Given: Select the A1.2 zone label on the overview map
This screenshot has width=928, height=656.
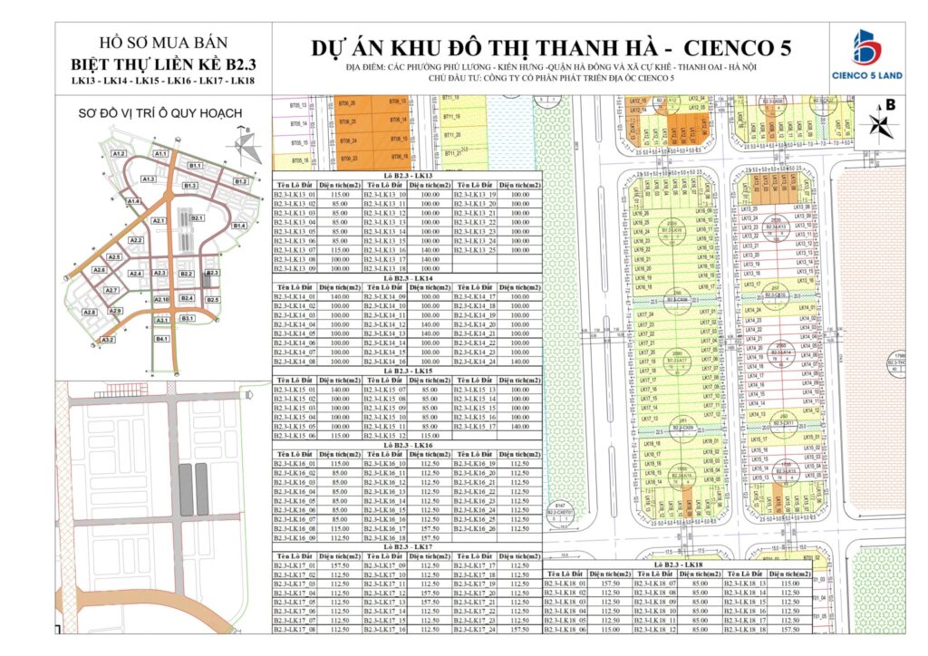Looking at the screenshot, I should tap(119, 154).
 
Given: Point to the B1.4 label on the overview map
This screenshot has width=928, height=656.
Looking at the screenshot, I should tap(239, 225).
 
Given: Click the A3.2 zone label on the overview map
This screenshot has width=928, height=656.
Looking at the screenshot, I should tap(108, 340).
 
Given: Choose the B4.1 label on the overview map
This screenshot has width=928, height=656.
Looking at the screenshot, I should tap(162, 338).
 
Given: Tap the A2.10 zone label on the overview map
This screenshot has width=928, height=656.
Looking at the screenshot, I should tap(161, 299).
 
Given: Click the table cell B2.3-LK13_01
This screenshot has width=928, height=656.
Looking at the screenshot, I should tap(297, 195).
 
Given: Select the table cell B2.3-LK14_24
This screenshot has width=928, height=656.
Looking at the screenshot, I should tap(477, 362).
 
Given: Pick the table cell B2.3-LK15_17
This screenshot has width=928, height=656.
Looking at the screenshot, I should tap(477, 426).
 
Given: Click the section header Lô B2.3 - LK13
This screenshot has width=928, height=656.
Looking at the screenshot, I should tap(408, 175).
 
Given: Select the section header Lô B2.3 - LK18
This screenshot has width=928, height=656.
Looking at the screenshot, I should tap(676, 564).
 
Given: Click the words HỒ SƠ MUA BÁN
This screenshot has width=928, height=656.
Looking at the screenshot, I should tap(163, 43).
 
